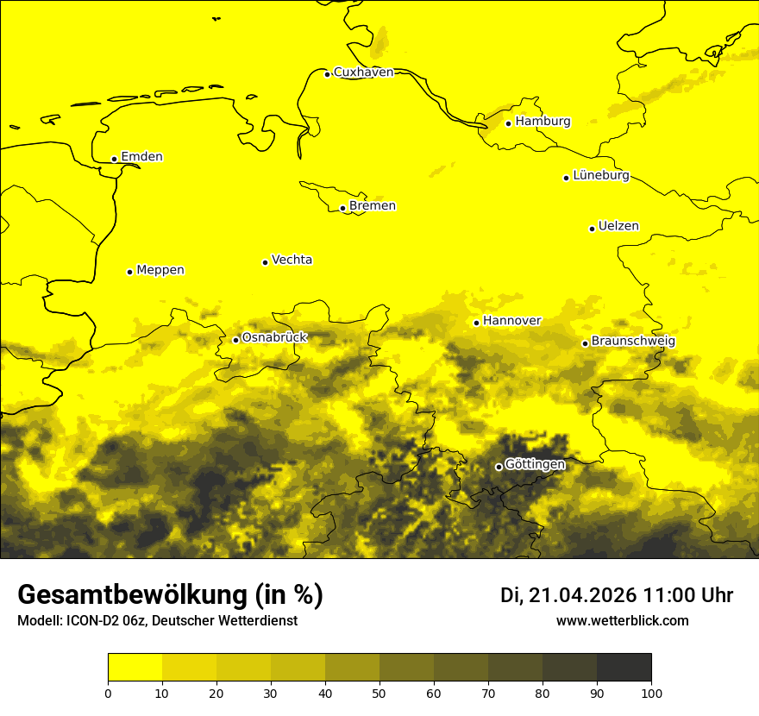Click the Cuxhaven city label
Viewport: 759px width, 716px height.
(363, 72)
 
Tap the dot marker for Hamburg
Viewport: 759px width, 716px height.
(509, 123)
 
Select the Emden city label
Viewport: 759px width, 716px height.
(141, 157)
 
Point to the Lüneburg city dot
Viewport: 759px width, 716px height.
(566, 178)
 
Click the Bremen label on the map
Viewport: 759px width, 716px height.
(373, 206)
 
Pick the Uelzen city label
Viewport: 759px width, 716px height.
(618, 227)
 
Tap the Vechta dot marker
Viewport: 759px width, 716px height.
(265, 262)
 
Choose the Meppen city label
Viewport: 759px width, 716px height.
(160, 270)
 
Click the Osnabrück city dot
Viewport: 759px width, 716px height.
(235, 340)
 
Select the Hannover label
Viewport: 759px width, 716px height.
(512, 321)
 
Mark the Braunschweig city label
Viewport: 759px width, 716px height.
(633, 342)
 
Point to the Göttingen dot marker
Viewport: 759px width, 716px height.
(499, 467)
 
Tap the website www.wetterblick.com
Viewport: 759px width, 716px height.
(622, 620)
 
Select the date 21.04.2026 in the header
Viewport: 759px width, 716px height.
(582, 595)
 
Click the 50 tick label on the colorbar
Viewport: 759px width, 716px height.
(379, 693)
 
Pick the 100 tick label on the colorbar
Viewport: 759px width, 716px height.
(651, 693)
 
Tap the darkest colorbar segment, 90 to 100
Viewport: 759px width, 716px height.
(624, 668)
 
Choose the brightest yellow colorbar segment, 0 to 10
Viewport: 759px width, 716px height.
(135, 668)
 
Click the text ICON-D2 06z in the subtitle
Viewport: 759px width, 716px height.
(103, 621)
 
